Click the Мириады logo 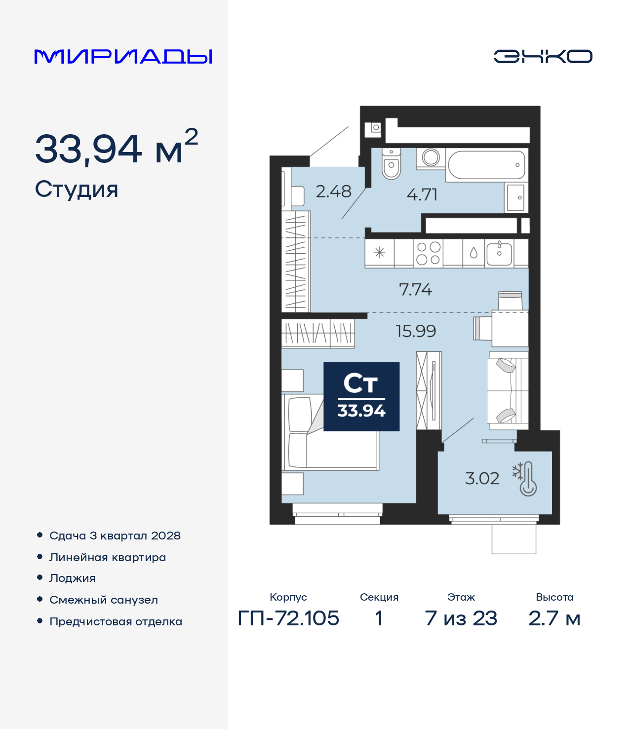tap(123, 56)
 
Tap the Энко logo tap(543, 56)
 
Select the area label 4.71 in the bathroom tap(422, 194)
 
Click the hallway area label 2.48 tap(333, 191)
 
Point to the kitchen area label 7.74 tap(415, 289)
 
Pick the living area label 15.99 tap(416, 331)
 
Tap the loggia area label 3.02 tap(482, 478)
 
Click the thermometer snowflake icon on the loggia tap(525, 479)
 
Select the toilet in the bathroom tap(391, 165)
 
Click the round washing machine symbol tap(431, 157)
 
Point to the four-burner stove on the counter tap(428, 253)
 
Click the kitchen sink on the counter tap(499, 253)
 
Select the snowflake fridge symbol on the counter tap(379, 253)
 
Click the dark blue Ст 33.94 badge tap(361, 396)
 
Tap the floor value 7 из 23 tap(461, 618)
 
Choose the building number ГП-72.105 tap(288, 618)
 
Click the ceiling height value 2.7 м tap(554, 618)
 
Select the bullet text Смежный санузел tap(104, 600)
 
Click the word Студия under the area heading tap(77, 190)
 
